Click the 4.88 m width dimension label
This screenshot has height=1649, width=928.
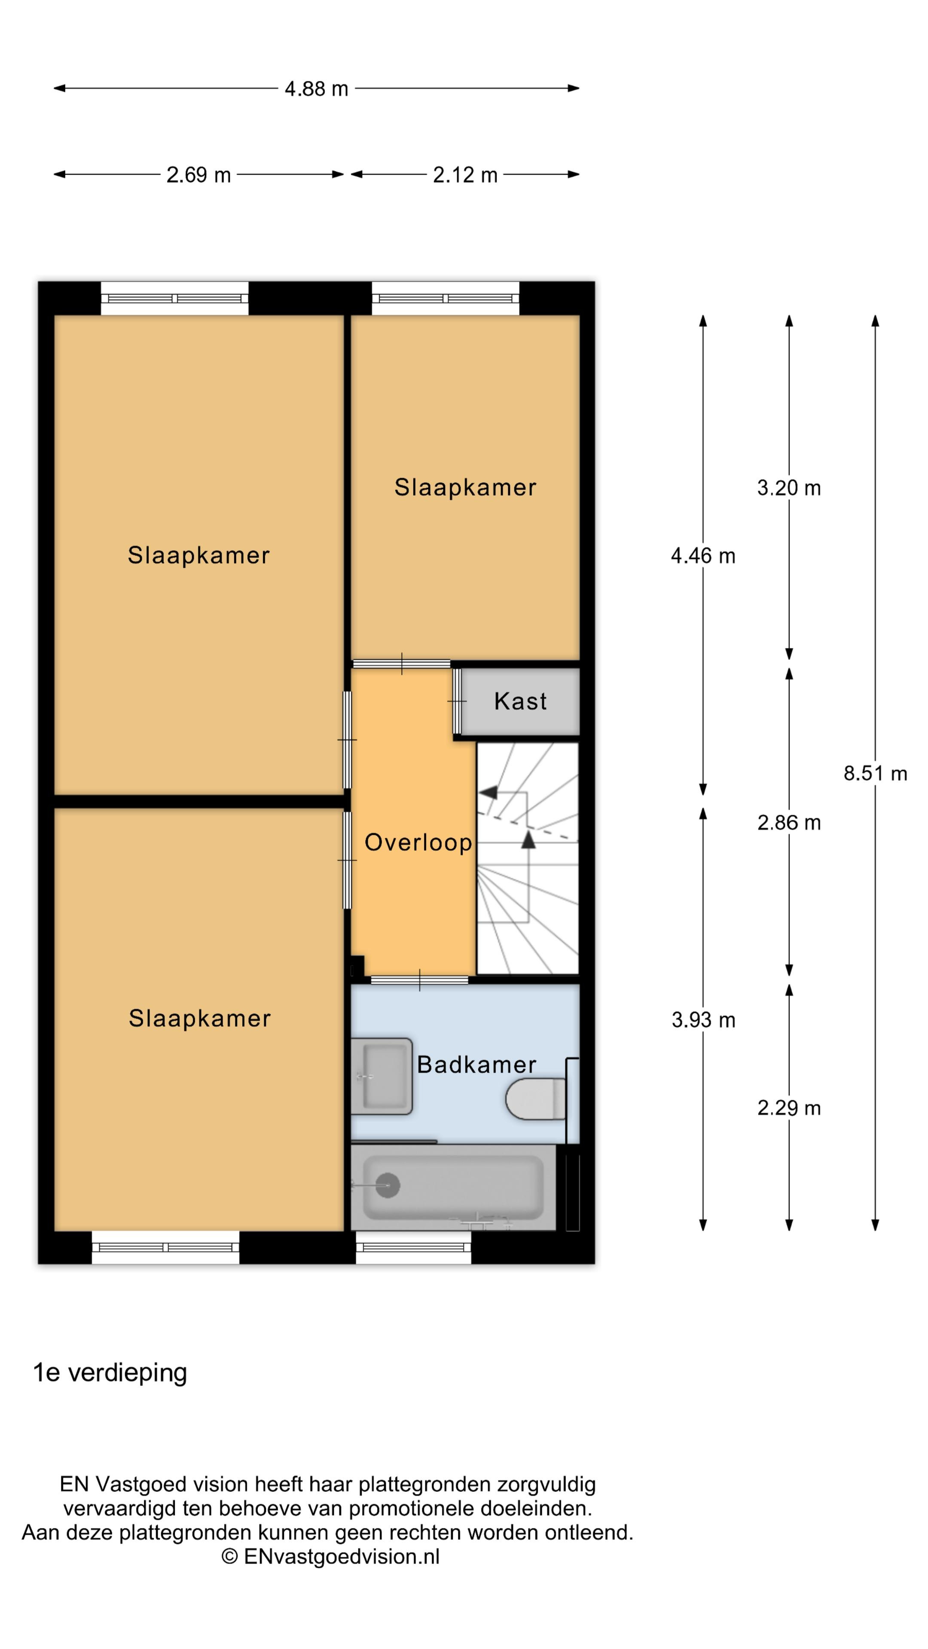coord(316,88)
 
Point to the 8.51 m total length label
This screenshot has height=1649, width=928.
coord(875,773)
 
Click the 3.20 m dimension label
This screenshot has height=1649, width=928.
coord(788,488)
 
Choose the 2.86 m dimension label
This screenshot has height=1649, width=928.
coord(788,823)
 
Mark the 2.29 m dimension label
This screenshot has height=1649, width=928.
coord(788,1107)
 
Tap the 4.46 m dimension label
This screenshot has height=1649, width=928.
coord(702,556)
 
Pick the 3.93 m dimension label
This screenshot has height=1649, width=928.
coord(702,1020)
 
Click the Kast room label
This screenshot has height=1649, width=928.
coord(520,701)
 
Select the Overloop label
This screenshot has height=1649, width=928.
coord(418,843)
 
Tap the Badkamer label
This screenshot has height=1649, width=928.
coord(476,1065)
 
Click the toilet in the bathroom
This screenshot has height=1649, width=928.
coord(535,1099)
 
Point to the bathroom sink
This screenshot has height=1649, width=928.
coord(381,1077)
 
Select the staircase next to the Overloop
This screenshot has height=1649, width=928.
coord(527,858)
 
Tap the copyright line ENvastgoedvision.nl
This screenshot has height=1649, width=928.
coord(330,1556)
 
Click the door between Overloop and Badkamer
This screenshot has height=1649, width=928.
coord(419,980)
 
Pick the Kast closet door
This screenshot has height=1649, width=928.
coord(457,701)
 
